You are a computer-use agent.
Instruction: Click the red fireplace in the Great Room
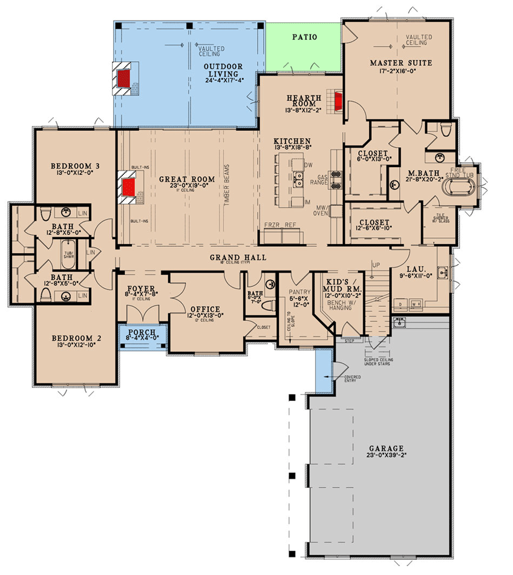[x=128, y=187]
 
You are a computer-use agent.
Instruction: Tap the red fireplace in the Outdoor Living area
[x=125, y=77]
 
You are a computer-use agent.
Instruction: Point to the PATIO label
[x=304, y=36]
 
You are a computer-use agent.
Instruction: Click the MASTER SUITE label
[x=396, y=62]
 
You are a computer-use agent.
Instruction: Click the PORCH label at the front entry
[x=142, y=332]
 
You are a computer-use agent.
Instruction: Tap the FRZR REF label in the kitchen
[x=281, y=224]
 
